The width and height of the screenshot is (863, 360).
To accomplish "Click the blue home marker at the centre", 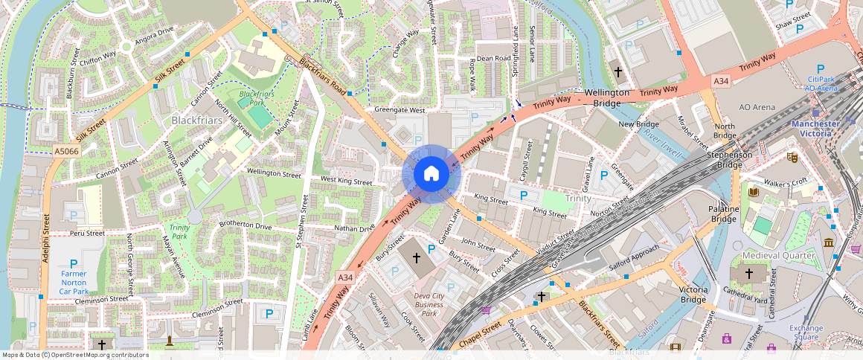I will (431, 175).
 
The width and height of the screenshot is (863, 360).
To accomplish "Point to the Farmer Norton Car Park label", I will (74, 283).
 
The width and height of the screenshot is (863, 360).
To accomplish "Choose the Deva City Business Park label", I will (429, 304).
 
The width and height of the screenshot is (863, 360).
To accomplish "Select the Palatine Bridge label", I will (723, 214).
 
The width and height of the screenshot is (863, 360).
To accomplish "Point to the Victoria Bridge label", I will (693, 295).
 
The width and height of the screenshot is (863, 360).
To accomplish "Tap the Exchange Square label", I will (806, 332).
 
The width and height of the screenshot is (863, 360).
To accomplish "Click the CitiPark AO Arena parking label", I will (821, 83).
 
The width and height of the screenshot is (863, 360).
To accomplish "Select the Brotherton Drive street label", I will (245, 225).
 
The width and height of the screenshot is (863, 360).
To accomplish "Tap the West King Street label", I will (346, 181).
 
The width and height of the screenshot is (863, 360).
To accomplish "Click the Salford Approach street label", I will (634, 258).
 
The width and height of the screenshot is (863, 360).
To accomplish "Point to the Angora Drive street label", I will (154, 32).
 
